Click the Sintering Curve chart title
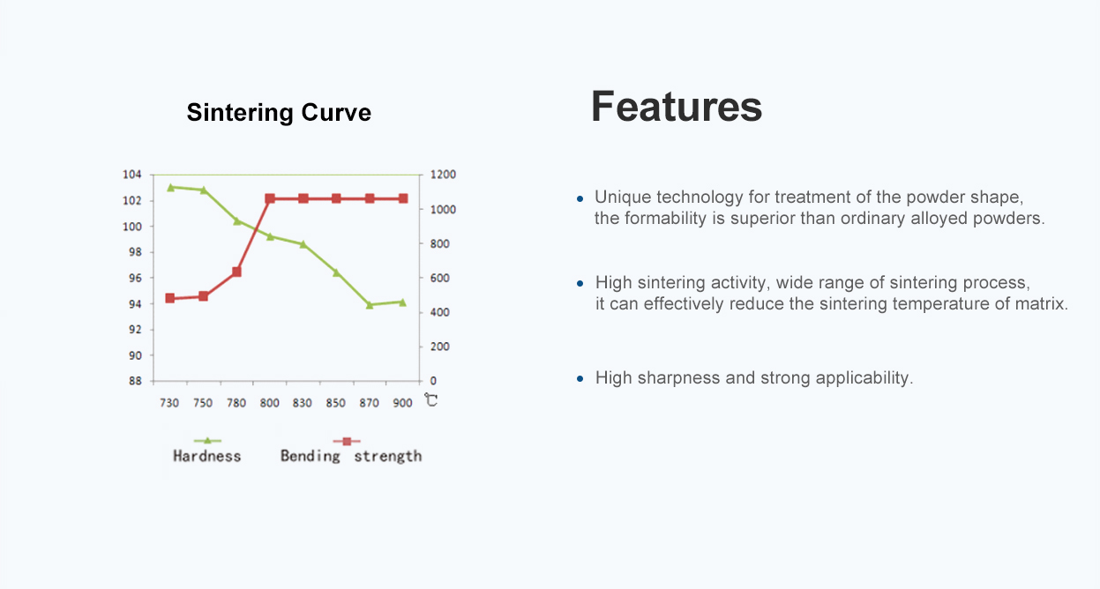coord(279,113)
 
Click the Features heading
coord(677,107)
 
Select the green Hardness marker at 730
coord(171,188)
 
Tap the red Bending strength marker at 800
coord(270,198)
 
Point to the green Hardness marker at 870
coord(370,305)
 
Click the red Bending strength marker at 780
coord(236,272)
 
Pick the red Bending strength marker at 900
coord(403,198)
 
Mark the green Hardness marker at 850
coord(336,272)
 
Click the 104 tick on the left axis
coord(131,175)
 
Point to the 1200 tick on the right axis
coord(443,175)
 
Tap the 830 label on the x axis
coord(302,403)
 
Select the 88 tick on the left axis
coord(135,381)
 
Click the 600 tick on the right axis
coord(440,278)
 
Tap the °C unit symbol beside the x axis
coord(430,400)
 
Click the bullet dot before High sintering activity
coord(580,284)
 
